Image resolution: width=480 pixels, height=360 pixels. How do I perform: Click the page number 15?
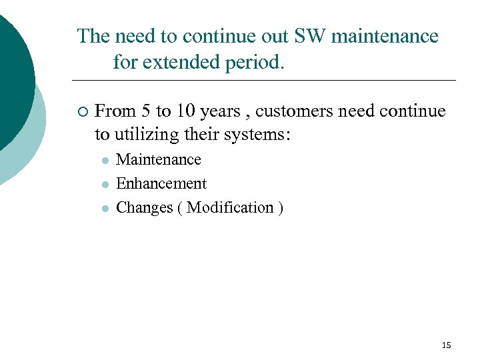447,345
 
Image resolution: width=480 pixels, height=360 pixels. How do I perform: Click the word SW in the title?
309,36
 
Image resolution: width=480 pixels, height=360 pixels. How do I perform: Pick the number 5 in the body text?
144,110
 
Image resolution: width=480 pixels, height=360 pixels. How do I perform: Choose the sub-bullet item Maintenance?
158,160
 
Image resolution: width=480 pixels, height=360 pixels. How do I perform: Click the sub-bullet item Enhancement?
161,183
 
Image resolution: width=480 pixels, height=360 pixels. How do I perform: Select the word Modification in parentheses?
230,207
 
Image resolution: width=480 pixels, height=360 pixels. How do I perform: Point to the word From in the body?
115,110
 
